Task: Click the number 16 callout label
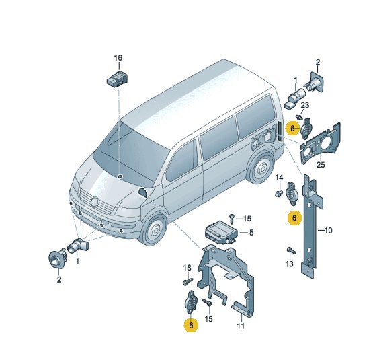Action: [118, 58]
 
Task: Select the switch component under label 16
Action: [117, 79]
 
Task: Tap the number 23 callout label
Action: [305, 105]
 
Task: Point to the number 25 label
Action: [321, 165]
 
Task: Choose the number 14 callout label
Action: [280, 178]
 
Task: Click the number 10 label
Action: [328, 230]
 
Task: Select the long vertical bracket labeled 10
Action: [310, 226]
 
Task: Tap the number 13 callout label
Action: [289, 264]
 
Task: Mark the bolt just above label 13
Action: [291, 250]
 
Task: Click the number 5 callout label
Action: [251, 233]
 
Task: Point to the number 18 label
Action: [188, 268]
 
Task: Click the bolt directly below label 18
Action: [188, 281]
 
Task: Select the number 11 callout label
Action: [241, 326]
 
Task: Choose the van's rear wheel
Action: [261, 168]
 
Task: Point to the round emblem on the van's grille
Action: [95, 202]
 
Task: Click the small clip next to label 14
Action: [278, 194]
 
